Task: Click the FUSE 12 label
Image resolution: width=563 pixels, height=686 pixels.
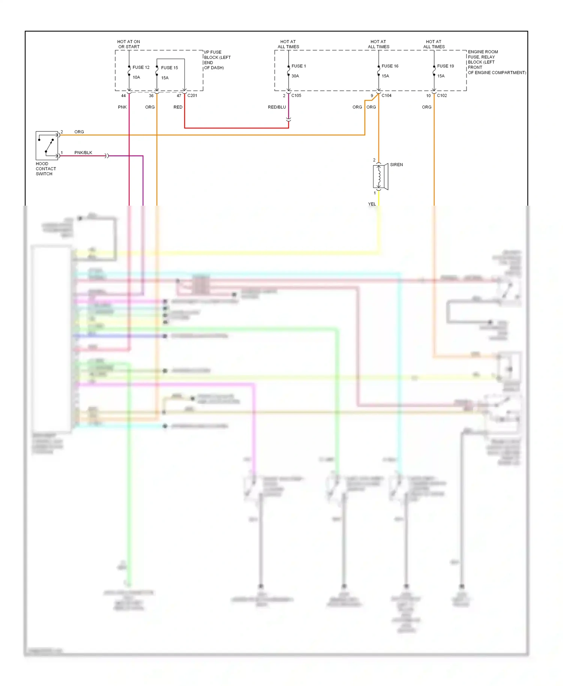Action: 141,68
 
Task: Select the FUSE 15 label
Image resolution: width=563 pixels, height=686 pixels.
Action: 169,68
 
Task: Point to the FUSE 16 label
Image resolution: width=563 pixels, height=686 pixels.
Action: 390,66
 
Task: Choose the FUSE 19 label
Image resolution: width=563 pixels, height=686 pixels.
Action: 445,66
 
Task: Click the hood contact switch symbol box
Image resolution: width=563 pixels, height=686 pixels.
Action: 47,146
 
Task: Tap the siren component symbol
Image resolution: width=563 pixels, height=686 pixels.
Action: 380,176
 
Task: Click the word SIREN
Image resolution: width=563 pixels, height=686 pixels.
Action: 396,165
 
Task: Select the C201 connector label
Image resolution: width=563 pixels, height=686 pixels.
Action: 192,96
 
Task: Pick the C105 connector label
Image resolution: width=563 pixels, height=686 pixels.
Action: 296,96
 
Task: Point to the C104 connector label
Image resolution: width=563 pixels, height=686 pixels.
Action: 386,96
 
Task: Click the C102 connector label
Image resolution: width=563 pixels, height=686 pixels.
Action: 442,96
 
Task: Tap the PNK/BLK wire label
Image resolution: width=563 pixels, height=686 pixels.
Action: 83,153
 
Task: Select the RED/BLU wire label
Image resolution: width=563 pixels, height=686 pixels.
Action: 277,107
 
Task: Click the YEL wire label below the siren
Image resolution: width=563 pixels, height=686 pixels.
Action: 372,204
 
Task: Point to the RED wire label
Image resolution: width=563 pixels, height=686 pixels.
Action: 178,107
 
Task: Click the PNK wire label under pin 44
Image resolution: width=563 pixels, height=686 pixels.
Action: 122,107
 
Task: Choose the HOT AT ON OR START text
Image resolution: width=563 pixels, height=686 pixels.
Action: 129,44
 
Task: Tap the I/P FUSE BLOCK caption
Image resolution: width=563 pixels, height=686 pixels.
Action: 217,60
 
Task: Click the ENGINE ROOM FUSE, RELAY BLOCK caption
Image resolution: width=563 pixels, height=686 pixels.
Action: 496,62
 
